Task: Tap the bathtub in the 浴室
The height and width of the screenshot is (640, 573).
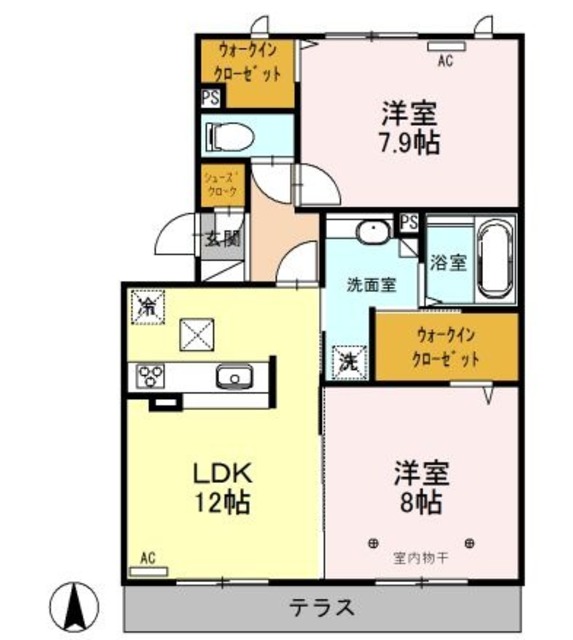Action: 494,260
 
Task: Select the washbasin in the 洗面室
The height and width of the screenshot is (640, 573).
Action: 372,233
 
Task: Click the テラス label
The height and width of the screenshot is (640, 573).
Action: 323,607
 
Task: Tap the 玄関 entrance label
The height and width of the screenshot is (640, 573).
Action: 223,239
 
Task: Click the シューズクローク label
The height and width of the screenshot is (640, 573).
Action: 221,185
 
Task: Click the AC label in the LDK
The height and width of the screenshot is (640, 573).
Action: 148,557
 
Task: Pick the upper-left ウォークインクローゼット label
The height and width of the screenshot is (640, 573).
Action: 245,62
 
